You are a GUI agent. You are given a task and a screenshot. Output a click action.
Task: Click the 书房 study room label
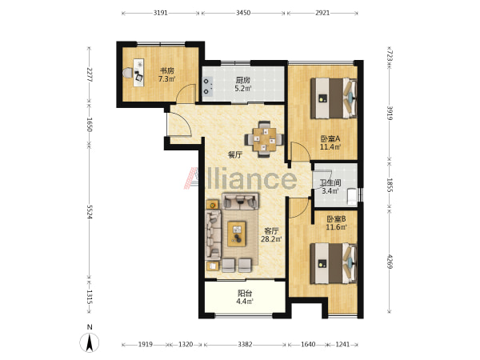point(167,70)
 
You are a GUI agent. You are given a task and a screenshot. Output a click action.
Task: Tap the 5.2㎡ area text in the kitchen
point(243,89)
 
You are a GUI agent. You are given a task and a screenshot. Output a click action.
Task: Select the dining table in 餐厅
point(264,139)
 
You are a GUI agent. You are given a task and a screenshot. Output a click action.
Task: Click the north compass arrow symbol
point(90,342)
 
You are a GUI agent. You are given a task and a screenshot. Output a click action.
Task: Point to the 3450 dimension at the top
point(243,13)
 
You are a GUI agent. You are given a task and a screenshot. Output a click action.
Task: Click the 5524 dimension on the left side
point(89,212)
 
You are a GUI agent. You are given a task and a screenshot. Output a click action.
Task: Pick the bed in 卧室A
point(334,98)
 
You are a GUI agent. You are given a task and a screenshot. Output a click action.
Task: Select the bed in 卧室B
point(334,263)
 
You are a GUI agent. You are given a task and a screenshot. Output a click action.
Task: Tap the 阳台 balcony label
point(245,294)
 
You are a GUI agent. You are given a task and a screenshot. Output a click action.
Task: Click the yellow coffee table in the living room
point(236,234)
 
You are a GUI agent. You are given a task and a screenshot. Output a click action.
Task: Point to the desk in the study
point(138,72)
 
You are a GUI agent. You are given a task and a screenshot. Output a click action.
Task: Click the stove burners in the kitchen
point(207,86)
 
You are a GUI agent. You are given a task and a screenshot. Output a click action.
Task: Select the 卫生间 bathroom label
point(330,183)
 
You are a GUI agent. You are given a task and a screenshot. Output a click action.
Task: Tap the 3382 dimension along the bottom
point(245,344)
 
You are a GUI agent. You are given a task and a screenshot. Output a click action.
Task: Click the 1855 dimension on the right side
point(390,186)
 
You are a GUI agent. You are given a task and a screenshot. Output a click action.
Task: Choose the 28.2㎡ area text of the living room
point(271,239)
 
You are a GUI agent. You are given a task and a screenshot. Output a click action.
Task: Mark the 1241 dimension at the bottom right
point(342,344)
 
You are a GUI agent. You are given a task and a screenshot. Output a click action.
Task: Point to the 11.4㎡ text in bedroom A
point(330,147)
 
